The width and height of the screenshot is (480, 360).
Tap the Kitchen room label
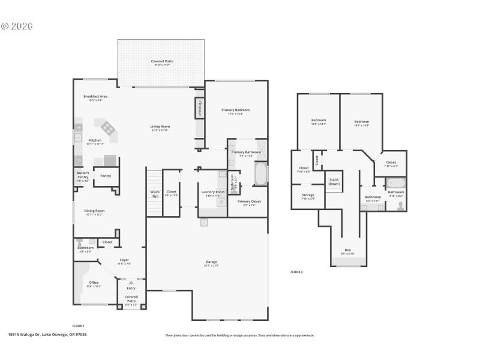click(95, 141)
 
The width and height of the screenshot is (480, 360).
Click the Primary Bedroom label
click(235, 111)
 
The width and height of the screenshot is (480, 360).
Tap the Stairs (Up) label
click(155, 194)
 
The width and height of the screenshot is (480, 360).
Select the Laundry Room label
click(213, 193)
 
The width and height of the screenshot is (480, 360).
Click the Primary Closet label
click(249, 202)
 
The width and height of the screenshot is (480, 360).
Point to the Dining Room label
click(94, 212)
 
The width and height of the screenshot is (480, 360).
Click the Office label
click(94, 283)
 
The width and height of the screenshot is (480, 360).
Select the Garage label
click(211, 263)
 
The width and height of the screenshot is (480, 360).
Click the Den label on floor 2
click(347, 251)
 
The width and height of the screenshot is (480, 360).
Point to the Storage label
click(308, 196)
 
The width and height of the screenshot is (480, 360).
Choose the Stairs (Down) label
click(334, 182)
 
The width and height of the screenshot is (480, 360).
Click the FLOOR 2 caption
click(297, 272)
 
